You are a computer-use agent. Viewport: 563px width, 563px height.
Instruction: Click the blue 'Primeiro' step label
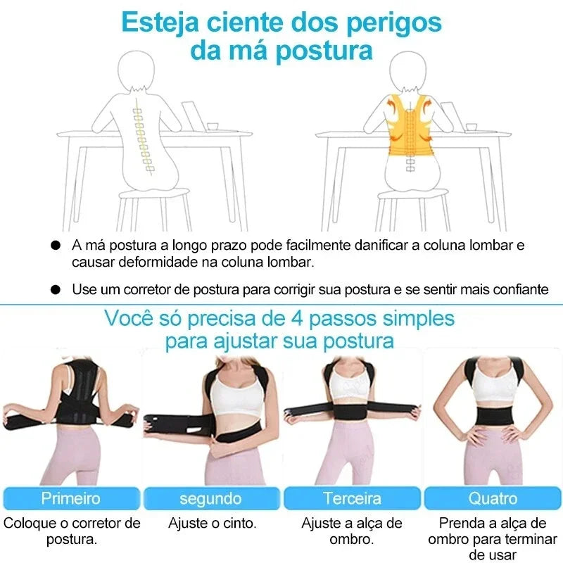[70, 498]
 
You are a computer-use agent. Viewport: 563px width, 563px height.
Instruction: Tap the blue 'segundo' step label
[211, 498]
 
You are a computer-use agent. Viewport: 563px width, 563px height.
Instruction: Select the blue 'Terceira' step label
[352, 498]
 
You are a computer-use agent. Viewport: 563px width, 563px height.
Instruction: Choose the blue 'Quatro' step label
[493, 498]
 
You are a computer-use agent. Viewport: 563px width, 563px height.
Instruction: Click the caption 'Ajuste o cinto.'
[212, 523]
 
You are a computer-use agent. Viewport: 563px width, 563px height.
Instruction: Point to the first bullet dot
[55, 246]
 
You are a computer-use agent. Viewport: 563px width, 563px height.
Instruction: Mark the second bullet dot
[55, 289]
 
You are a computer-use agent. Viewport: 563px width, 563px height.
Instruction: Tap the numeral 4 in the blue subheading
[296, 317]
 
